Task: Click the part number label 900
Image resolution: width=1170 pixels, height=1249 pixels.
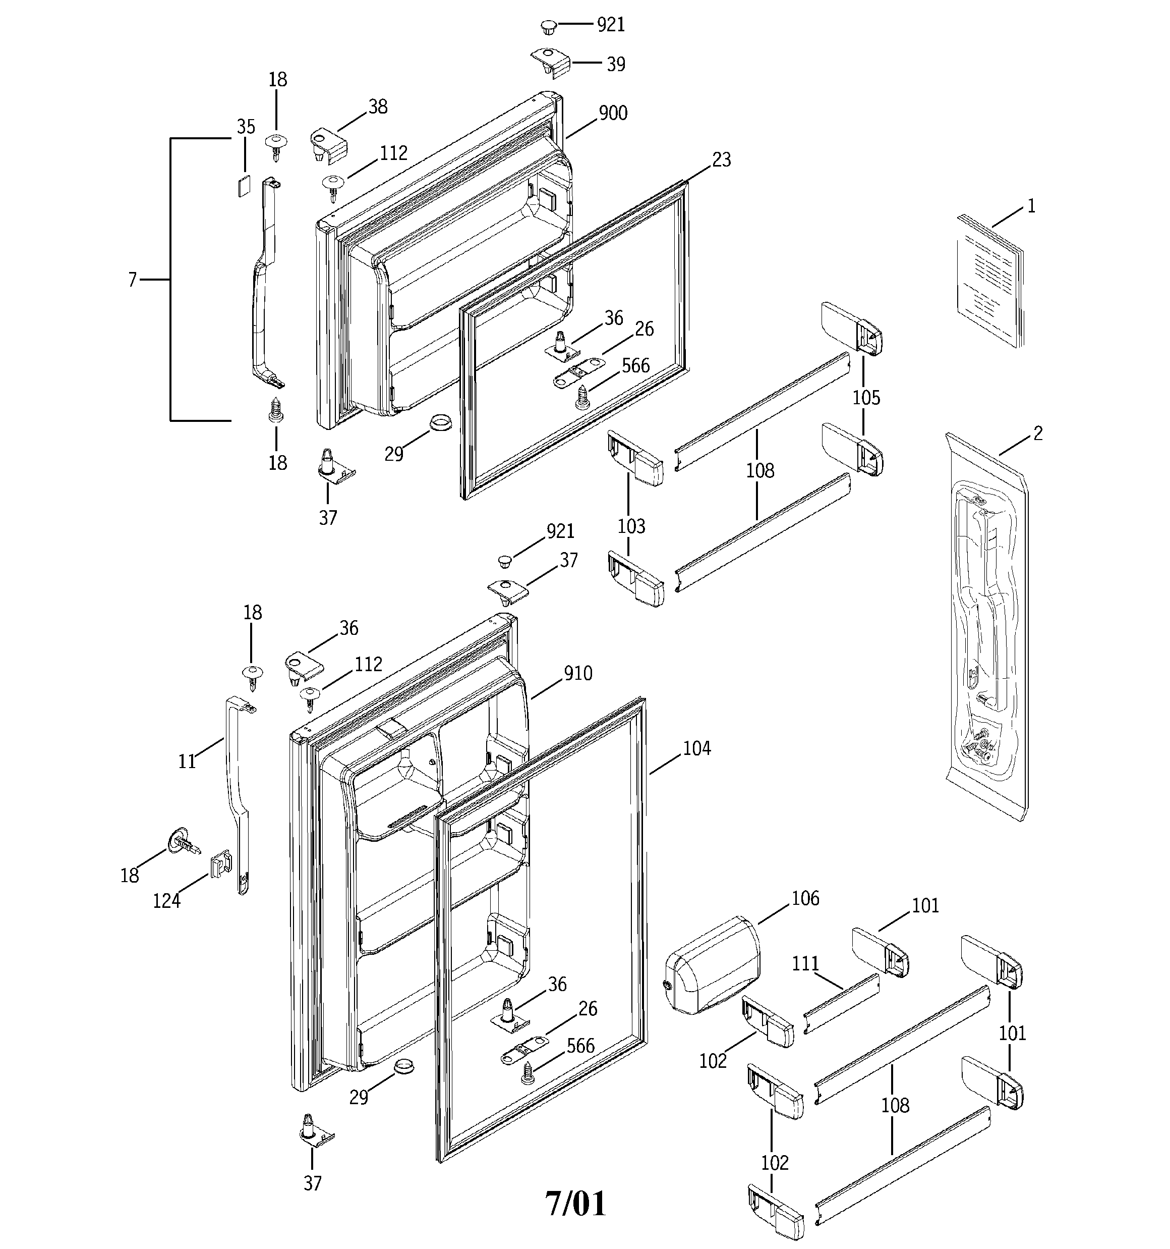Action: click(612, 114)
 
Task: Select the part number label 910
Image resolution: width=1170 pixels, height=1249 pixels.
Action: click(578, 674)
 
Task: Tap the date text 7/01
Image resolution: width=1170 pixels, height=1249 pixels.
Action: click(575, 1204)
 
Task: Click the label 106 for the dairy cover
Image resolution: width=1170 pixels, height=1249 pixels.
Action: click(805, 899)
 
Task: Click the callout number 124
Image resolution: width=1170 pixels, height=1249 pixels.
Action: click(166, 902)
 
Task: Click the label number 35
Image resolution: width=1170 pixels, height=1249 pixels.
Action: click(246, 128)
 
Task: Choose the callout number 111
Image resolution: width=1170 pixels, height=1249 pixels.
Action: click(805, 964)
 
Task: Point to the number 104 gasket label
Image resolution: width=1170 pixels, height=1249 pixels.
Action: click(696, 748)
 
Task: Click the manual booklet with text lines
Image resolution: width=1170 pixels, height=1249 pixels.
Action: click(988, 281)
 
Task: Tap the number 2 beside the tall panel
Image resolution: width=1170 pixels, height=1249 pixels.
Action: click(1037, 433)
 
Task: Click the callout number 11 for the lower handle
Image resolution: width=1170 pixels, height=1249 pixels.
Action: click(187, 762)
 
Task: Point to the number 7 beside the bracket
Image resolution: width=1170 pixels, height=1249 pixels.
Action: click(133, 280)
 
